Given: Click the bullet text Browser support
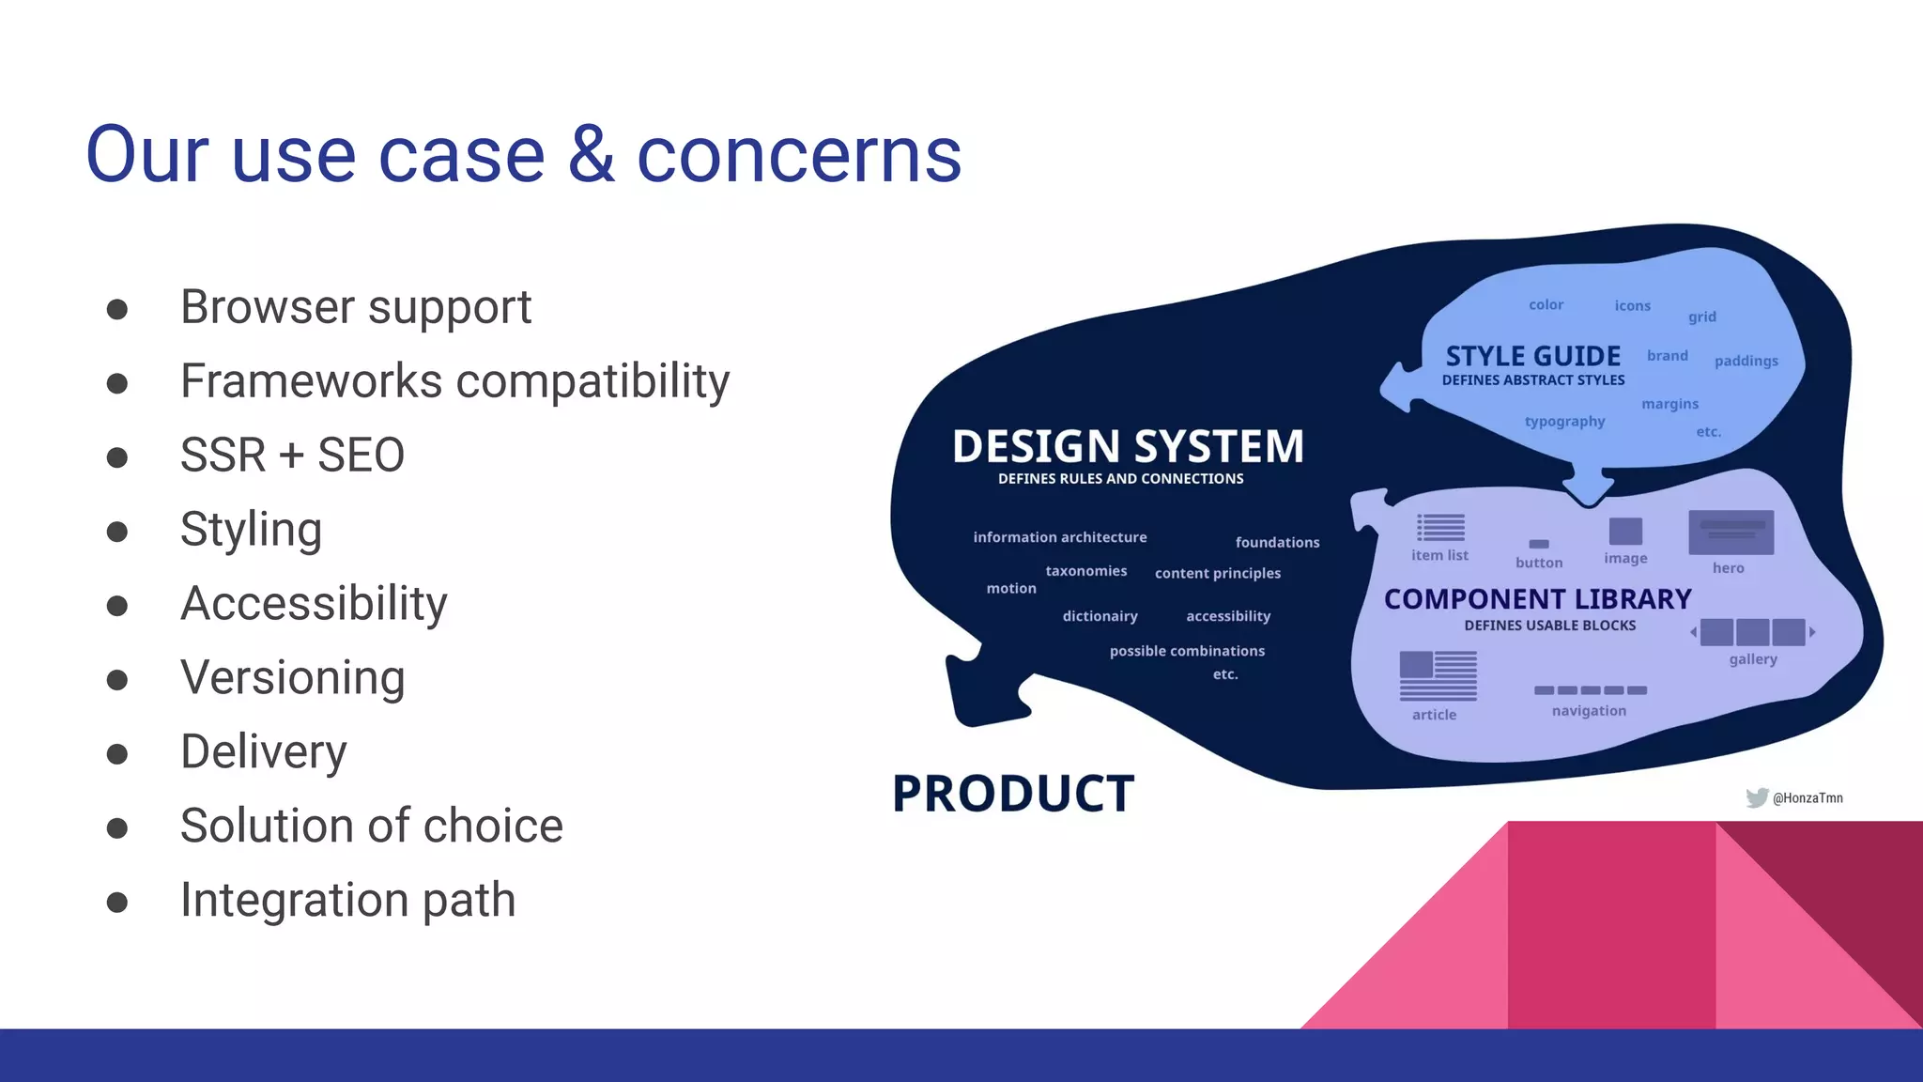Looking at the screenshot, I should pos(356,307).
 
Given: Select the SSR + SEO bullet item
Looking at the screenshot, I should pos(292,456).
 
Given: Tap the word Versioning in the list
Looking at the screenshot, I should pos(292,677).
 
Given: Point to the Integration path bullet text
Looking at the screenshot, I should pos(347,900).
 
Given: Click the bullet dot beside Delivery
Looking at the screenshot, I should pos(117,753).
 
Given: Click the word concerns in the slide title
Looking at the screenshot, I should pos(799,155).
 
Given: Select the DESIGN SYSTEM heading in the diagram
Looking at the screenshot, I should pos(1128,446).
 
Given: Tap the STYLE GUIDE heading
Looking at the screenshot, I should pos(1532,357).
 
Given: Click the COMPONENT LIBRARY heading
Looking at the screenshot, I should pos(1537,599).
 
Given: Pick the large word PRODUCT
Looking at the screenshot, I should pos(1013,794).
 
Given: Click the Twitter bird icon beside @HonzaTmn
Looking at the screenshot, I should pos(1757,797).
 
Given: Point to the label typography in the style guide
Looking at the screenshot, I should pos(1564,422).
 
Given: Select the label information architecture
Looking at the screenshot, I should pos(1059,537).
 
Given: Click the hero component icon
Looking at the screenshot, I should pos(1731,533).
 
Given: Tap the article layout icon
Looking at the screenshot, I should pos(1438,675).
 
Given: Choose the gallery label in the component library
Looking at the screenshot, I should pos(1753,659).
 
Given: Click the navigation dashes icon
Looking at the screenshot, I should pos(1590,690).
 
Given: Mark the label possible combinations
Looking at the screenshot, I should pos(1187,651).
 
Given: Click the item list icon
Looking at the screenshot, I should pos(1440,528).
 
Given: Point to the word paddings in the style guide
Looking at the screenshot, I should pos(1746,361).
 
